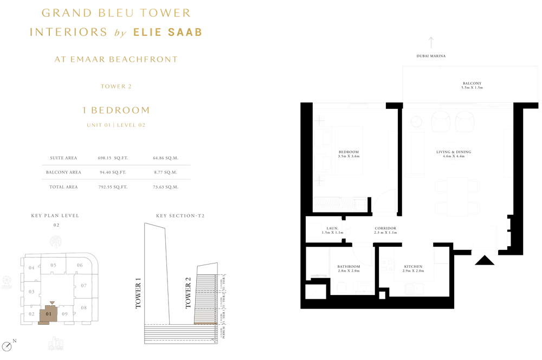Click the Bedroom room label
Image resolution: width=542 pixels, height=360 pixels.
click(349, 152)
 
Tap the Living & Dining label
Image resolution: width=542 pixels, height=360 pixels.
click(454, 152)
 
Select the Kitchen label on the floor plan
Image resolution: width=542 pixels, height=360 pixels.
click(412, 267)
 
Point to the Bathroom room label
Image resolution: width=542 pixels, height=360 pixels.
click(349, 267)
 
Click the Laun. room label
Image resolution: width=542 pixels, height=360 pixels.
click(332, 228)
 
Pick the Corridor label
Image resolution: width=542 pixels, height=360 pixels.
click(385, 228)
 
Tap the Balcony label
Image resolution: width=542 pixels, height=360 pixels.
click(472, 83)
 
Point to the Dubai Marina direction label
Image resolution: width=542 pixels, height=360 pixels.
click(431, 56)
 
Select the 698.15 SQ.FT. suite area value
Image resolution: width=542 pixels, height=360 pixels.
click(112, 158)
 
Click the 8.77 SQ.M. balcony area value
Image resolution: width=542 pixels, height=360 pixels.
click(165, 172)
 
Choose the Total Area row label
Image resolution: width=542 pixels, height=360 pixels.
click(63, 187)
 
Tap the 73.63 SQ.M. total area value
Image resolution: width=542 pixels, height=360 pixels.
click(165, 187)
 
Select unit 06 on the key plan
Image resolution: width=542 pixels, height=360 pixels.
click(80, 265)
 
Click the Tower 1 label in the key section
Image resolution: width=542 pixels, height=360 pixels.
click(138, 293)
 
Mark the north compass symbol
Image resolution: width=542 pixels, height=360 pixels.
click(7, 346)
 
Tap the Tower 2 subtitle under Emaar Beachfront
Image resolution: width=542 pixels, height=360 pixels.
click(116, 86)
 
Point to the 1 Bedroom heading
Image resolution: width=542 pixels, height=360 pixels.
click(116, 110)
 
